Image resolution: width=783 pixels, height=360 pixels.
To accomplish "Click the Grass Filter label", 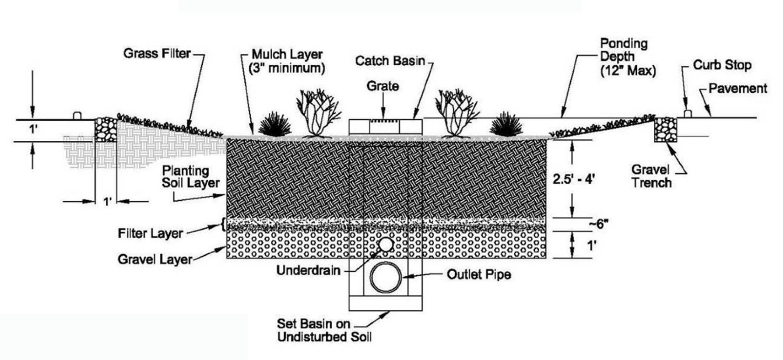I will (157, 54).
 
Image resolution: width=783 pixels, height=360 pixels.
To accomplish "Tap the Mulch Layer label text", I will (287, 61).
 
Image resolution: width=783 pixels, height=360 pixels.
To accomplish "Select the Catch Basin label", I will (390, 60).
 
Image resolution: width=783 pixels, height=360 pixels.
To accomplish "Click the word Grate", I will (383, 86).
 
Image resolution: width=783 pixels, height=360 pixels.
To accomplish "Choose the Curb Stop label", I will (722, 65).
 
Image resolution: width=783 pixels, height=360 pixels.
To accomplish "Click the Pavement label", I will (737, 88).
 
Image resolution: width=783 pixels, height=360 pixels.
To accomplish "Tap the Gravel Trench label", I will (651, 176).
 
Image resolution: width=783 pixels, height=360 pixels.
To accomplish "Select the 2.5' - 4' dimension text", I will (573, 179).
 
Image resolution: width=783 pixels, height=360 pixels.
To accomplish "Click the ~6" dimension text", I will (598, 224).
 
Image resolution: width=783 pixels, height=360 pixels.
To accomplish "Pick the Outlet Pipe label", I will (479, 275).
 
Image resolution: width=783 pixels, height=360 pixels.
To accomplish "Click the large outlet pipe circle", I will (386, 277).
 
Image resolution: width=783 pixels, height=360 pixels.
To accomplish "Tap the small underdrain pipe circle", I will (386, 245).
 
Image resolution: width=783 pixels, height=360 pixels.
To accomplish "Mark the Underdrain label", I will (308, 270).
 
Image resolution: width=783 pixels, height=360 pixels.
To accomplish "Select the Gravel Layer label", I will (155, 259).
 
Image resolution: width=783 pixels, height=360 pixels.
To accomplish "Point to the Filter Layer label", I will (150, 233).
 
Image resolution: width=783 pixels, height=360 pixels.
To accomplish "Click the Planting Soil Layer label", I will (190, 177).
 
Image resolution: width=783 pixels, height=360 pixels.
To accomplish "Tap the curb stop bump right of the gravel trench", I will (687, 114).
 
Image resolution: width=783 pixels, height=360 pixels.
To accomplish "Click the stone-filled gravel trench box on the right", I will (665, 129).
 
